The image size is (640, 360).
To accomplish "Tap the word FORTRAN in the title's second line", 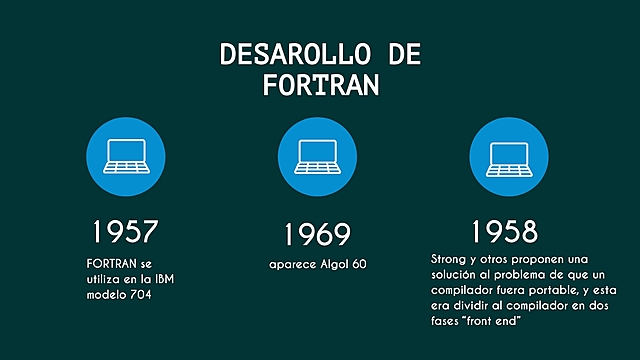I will coord(320,86).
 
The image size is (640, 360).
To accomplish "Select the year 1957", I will coord(124,232).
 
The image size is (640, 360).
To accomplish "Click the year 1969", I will coord(317,235).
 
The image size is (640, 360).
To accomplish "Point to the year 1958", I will coord(505,231).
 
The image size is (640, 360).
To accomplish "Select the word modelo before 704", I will coord(109,295).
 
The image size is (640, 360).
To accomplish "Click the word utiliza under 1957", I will coord(106,279).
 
